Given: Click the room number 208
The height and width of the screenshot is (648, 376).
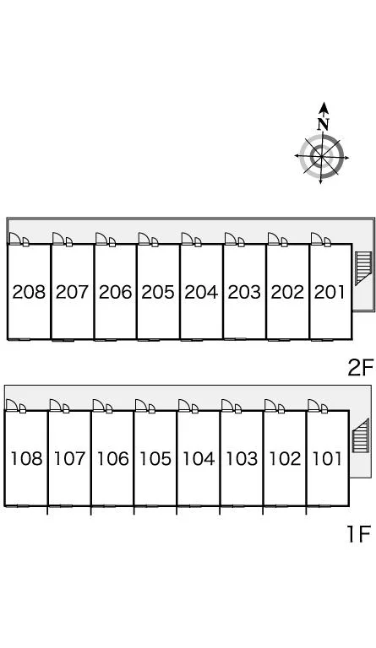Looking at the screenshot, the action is click(x=29, y=292).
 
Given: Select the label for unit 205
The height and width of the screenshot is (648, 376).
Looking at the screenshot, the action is click(x=158, y=292).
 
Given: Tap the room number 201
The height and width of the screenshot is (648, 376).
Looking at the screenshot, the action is click(x=330, y=292).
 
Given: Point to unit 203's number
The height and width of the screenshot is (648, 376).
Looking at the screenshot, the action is click(x=244, y=292).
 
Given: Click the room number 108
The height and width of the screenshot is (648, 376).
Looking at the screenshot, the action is click(x=26, y=458).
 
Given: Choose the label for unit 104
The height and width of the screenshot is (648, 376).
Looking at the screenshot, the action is click(x=199, y=458).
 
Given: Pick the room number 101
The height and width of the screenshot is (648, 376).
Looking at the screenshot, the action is click(x=327, y=458).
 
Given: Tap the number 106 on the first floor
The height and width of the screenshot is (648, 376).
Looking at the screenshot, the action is click(x=112, y=458).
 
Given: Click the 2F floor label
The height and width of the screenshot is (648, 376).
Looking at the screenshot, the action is click(x=361, y=367).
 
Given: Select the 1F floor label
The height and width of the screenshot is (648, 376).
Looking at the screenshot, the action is click(x=358, y=533).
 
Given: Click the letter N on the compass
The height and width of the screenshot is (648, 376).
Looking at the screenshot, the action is click(x=324, y=123).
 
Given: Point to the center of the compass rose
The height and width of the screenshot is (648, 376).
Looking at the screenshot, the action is click(x=321, y=157).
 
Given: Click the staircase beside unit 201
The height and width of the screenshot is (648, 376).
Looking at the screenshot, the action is click(x=362, y=268).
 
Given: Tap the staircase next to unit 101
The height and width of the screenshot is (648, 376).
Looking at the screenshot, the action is click(x=360, y=435).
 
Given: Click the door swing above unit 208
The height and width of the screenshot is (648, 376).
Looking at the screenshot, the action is click(x=15, y=239).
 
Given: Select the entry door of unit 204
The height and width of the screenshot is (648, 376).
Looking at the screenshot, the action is click(x=187, y=239).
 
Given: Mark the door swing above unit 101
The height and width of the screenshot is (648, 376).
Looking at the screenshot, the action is click(x=313, y=405).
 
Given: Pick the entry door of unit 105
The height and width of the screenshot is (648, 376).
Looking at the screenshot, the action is click(x=141, y=405).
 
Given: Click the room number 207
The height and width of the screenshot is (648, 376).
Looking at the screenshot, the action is click(x=72, y=292).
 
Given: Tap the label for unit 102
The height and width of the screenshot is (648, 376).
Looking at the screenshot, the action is click(x=285, y=458).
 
